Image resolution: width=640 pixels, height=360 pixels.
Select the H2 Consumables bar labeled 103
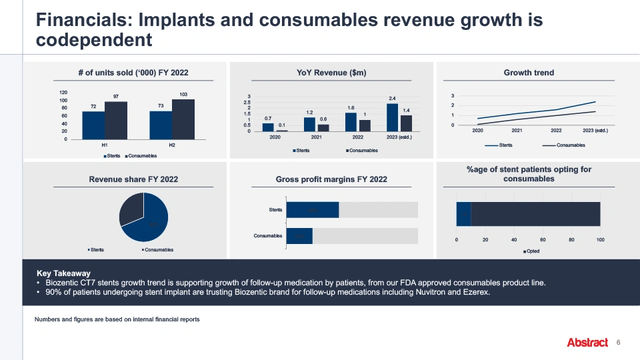[x=183, y=119]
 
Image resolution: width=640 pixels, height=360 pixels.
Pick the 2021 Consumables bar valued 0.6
[x=323, y=127]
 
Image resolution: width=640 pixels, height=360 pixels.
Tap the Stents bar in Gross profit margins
[x=313, y=210]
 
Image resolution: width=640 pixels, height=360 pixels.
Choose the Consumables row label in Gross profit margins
[x=268, y=236]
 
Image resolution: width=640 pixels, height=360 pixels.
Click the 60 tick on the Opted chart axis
[x=543, y=239]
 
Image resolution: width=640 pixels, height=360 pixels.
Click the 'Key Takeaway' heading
[x=63, y=273]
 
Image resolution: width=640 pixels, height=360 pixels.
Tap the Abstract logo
[x=587, y=343]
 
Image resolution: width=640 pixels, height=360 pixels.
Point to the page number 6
[x=619, y=342]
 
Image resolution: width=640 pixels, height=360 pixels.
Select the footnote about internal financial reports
[x=117, y=319]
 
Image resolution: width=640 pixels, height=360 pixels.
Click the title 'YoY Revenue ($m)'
[x=331, y=73]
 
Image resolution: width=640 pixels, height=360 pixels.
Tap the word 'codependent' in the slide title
[x=95, y=41]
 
